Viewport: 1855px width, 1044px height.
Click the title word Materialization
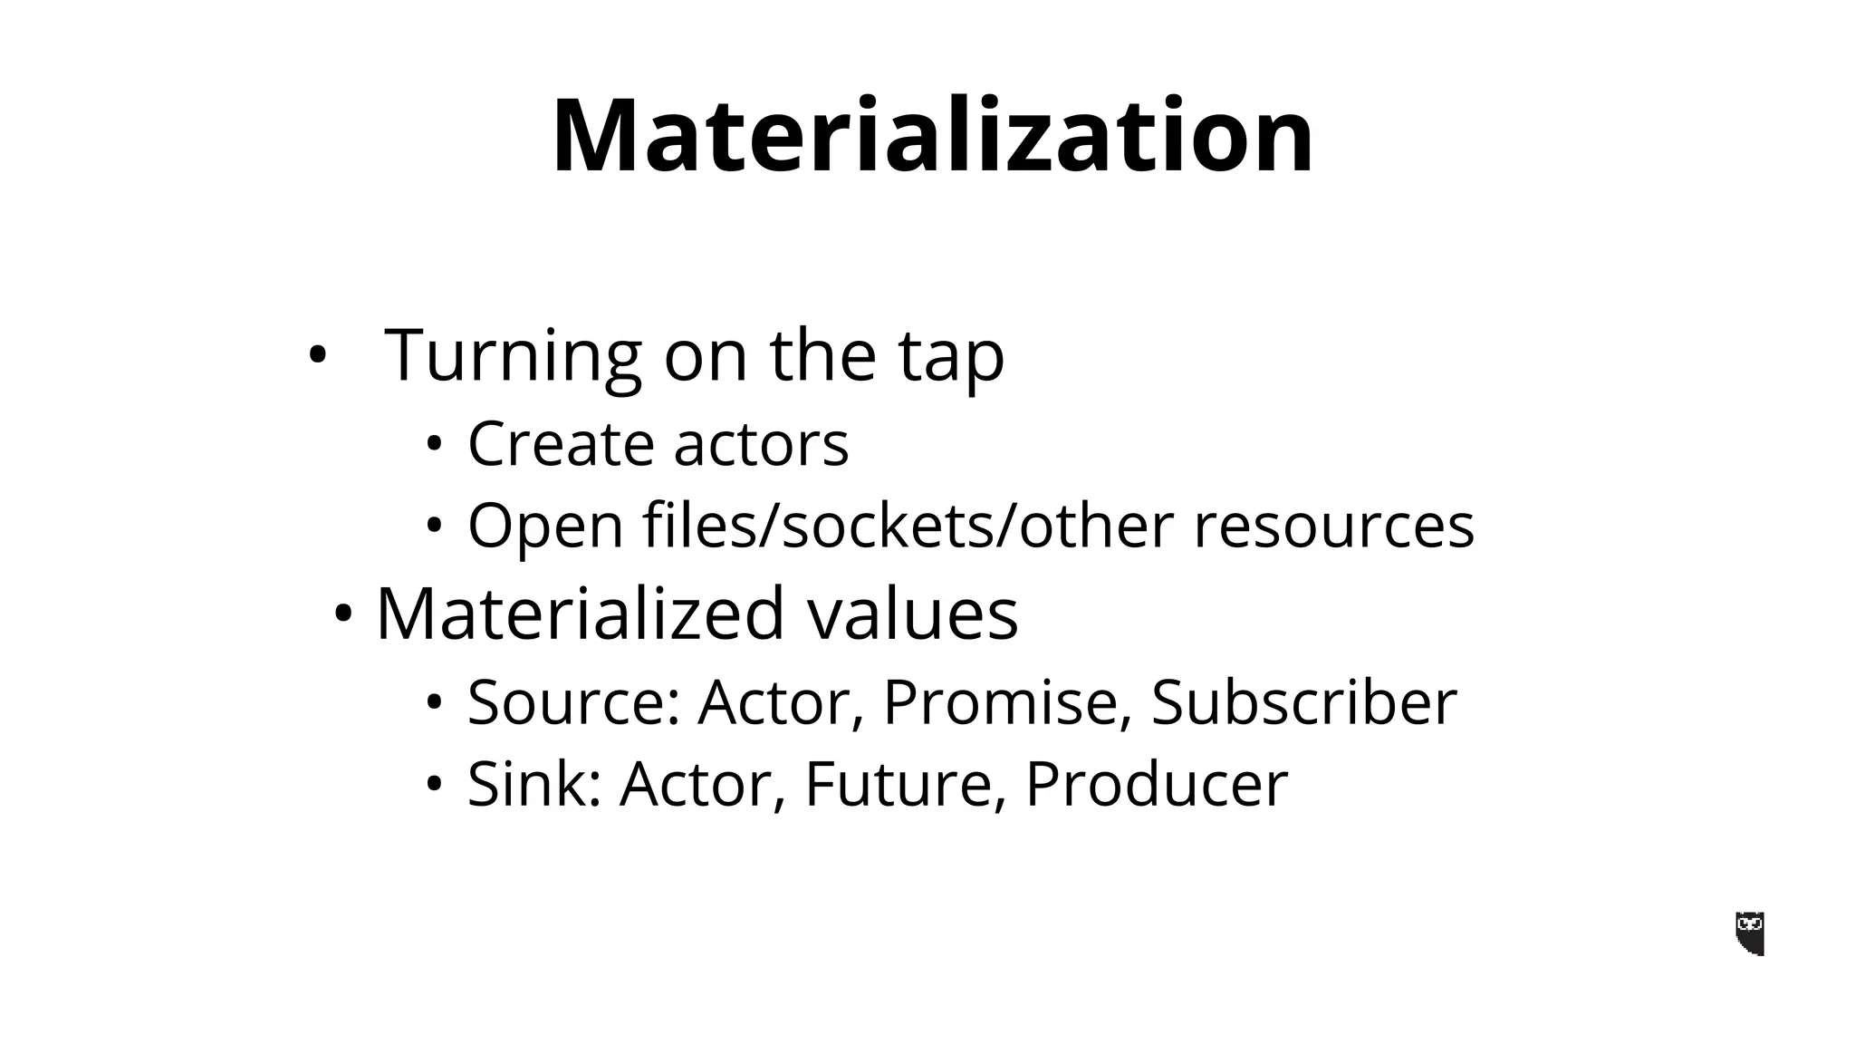pos(932,136)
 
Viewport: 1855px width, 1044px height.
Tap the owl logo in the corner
pos(1750,933)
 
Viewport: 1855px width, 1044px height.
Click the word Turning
pos(513,355)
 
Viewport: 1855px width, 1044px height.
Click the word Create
pos(561,444)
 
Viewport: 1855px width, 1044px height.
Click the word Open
pos(545,527)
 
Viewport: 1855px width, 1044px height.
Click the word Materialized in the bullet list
pos(580,614)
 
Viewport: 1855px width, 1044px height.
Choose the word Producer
pos(1156,783)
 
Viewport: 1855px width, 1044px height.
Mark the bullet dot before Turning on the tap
pos(315,356)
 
